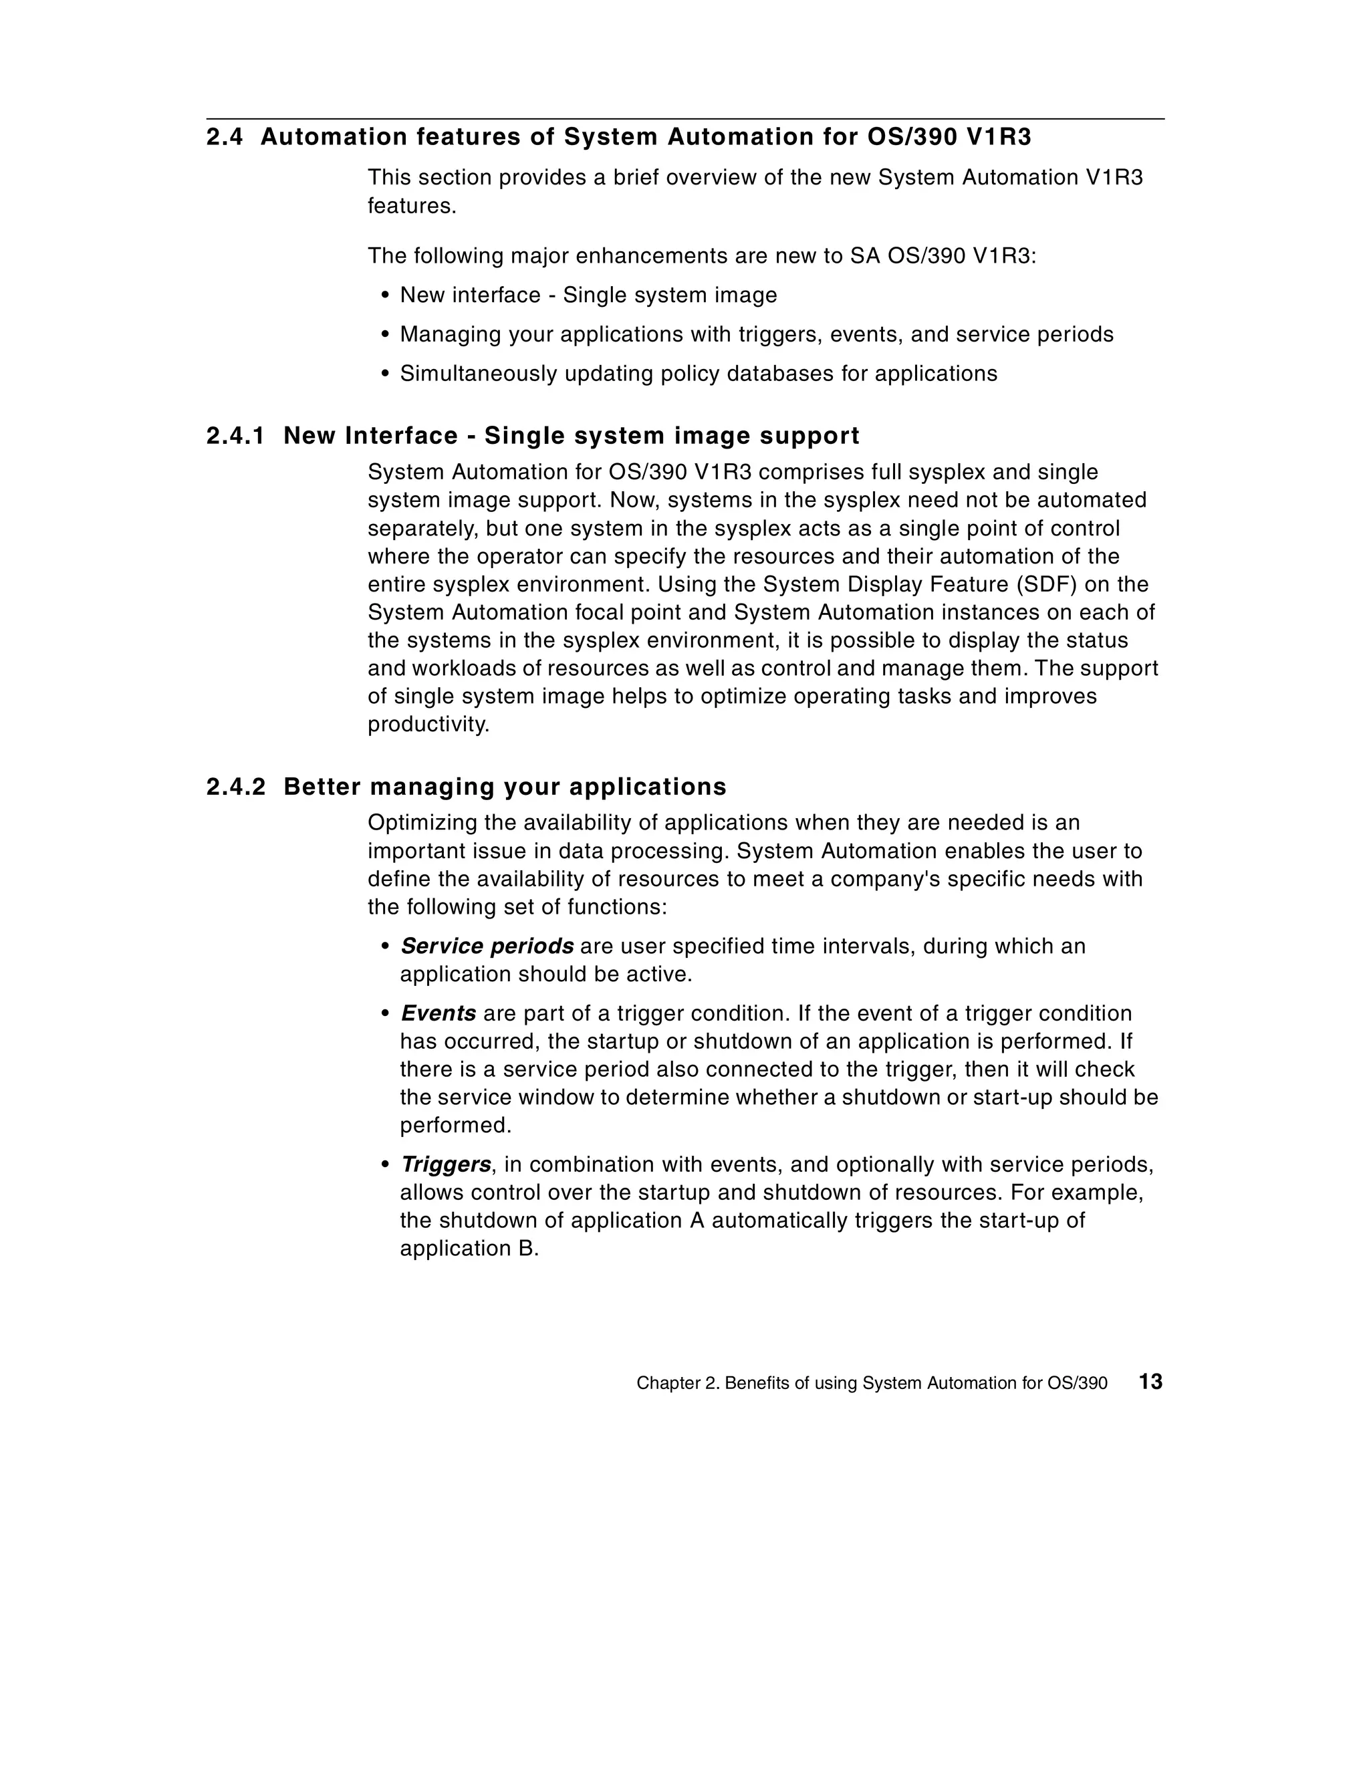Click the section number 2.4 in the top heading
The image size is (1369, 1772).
[224, 137]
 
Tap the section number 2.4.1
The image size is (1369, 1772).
[235, 436]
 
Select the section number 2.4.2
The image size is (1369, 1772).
[235, 786]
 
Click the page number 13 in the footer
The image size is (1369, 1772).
[1150, 1381]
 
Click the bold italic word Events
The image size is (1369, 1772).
[439, 1013]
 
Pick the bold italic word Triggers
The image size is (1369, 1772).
[445, 1164]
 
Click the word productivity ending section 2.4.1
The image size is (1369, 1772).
[428, 725]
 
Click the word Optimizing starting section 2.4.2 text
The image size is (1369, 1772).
[422, 823]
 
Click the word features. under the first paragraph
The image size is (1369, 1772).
[411, 206]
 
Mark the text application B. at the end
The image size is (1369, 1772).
[469, 1249]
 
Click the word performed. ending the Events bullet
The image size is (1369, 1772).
[455, 1126]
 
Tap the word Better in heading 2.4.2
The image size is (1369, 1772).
[322, 786]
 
